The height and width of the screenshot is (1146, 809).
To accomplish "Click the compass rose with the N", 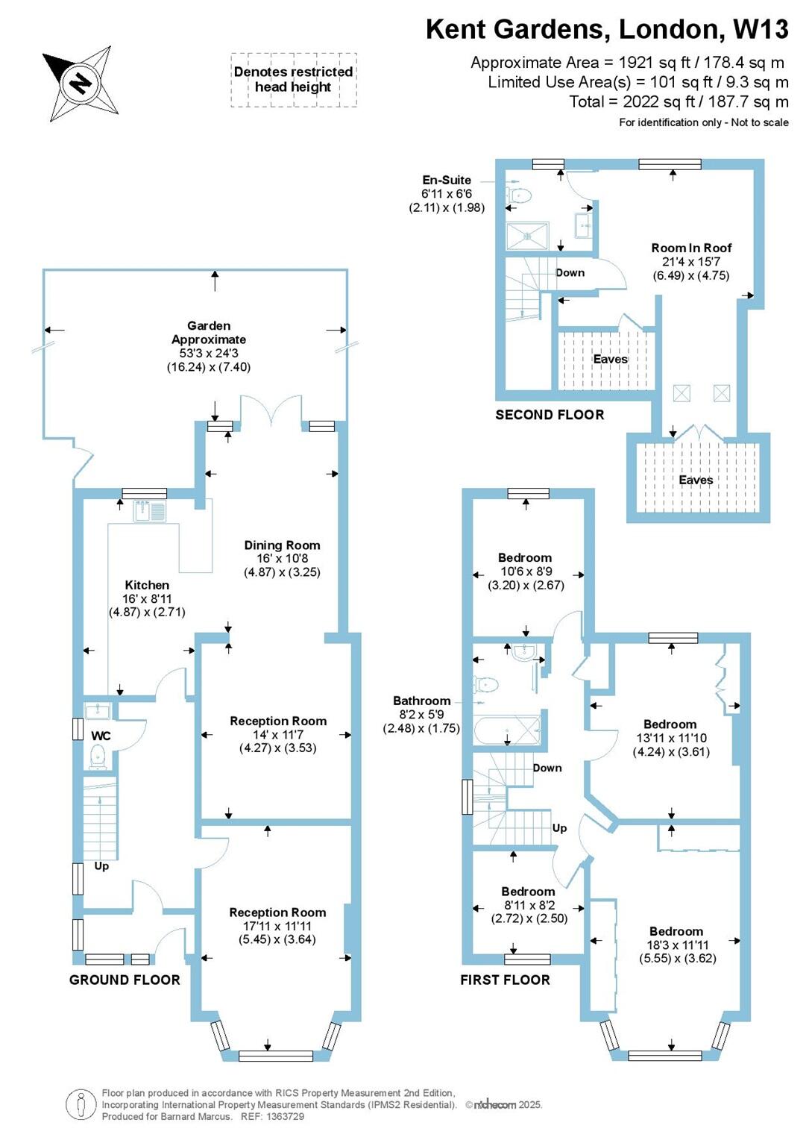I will pyautogui.click(x=81, y=83).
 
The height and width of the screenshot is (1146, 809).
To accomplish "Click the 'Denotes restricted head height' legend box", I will pyautogui.click(x=293, y=79).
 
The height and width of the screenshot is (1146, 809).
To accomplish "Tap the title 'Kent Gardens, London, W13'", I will pyautogui.click(x=606, y=29).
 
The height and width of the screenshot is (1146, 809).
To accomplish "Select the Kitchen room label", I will pyautogui.click(x=147, y=586).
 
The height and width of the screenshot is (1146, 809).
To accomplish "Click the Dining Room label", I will pyautogui.click(x=283, y=545).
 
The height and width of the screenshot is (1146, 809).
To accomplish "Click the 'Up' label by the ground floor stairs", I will pyautogui.click(x=101, y=866).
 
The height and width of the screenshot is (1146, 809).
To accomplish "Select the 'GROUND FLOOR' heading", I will pyautogui.click(x=125, y=980).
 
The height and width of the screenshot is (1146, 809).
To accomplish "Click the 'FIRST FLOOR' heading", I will pyautogui.click(x=505, y=980).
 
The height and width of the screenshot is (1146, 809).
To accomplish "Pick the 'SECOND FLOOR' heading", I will pyautogui.click(x=550, y=415).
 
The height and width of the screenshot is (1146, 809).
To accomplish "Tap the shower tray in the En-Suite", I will pyautogui.click(x=528, y=236).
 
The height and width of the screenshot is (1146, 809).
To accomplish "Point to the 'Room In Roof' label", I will pyautogui.click(x=691, y=248).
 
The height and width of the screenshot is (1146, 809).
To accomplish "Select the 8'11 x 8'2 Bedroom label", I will pyautogui.click(x=528, y=904).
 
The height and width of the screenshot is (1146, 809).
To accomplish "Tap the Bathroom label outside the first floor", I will pyautogui.click(x=422, y=701).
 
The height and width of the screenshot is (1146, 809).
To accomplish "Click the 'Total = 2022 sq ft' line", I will pyautogui.click(x=678, y=102).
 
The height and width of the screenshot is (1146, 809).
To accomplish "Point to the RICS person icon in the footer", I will pyautogui.click(x=81, y=1105).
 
